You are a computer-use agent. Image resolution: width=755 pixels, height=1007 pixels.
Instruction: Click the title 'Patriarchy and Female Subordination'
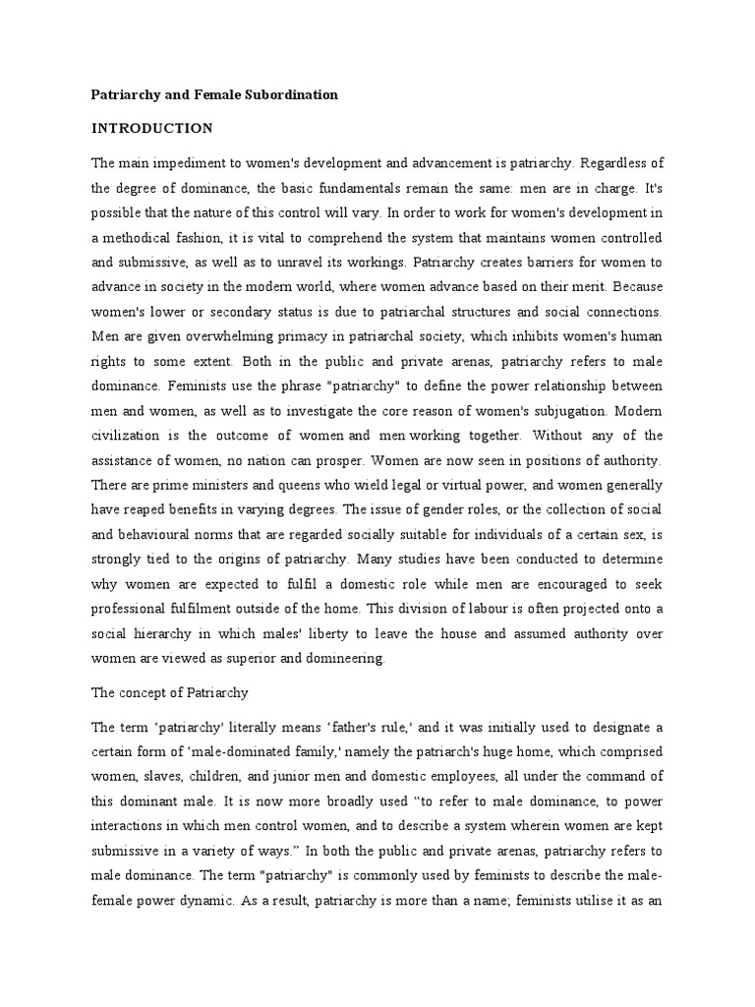click(x=214, y=95)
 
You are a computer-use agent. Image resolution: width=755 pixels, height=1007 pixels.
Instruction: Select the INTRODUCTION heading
click(x=151, y=128)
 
